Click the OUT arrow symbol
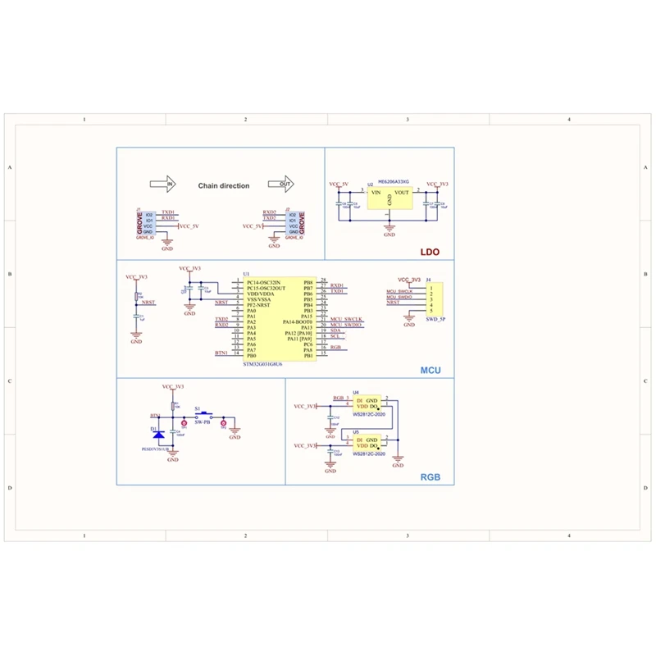click(280, 185)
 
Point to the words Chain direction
click(223, 186)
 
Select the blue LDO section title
click(430, 253)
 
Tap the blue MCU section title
click(430, 370)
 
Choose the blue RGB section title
click(430, 477)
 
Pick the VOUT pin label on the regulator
click(401, 193)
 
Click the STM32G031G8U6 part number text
click(262, 363)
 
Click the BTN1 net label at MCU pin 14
click(221, 353)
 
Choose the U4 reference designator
click(355, 393)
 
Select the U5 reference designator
click(355, 431)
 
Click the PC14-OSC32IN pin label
click(262, 282)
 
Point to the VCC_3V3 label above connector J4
click(408, 280)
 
